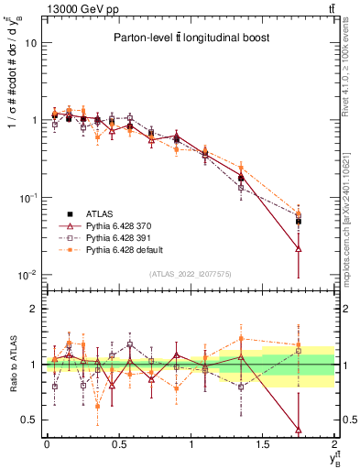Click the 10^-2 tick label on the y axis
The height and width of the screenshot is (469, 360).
coord(27,275)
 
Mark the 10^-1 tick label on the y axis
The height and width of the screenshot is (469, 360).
coord(27,198)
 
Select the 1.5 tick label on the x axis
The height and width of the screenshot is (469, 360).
coord(263,445)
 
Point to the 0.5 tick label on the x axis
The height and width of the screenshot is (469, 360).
coord(118,445)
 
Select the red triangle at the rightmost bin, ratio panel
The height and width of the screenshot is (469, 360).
coord(298,429)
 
